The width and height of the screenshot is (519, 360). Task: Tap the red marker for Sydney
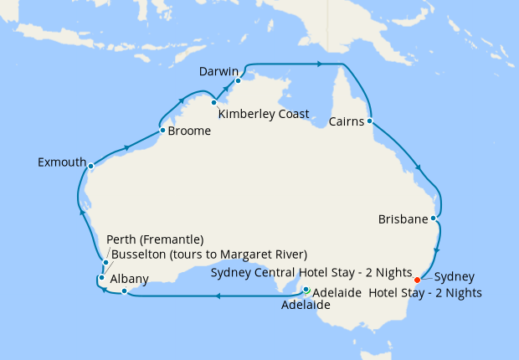coord(418,280)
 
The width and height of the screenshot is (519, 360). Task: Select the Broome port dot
coord(162,131)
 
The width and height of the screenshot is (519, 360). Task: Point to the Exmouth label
coord(61,162)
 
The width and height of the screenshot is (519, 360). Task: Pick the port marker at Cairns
coord(369,121)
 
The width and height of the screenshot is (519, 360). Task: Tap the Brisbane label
coord(402,219)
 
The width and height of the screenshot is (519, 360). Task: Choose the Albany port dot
coord(124,291)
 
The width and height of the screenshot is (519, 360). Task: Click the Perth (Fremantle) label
coord(157,240)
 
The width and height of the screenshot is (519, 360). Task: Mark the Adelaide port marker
coord(306,291)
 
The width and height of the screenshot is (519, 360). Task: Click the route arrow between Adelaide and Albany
coord(217,296)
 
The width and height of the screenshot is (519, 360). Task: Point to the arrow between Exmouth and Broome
coord(126,148)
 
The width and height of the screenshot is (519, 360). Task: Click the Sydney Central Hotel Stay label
coord(311,273)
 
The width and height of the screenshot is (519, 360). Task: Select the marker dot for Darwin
coord(238,81)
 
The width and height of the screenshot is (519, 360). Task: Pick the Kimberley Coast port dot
coord(214,102)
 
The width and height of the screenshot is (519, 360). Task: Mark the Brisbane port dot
coord(433,219)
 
